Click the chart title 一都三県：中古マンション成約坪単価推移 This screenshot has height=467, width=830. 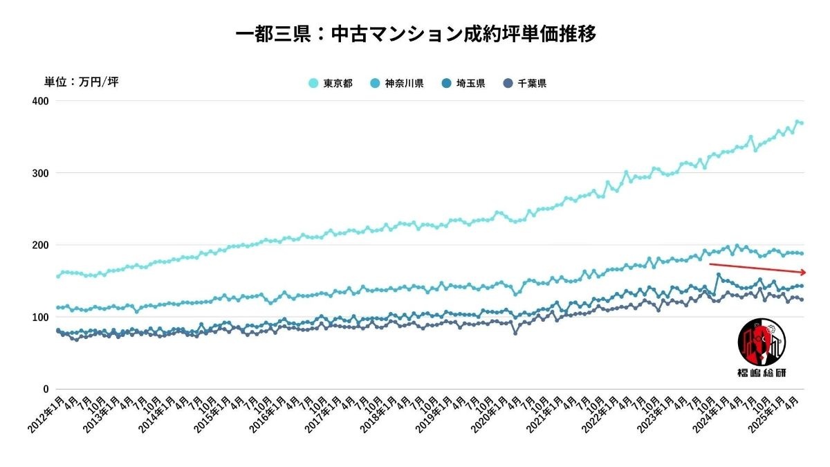(415, 34)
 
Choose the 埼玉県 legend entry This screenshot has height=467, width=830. (463, 84)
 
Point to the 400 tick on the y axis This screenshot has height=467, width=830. (40, 101)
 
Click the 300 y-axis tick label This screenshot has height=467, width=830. (40, 173)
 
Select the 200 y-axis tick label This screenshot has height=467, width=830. (40, 245)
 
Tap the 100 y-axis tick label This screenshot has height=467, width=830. (40, 317)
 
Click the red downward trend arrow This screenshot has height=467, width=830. (757, 268)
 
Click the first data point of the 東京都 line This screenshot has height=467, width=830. (57, 277)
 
